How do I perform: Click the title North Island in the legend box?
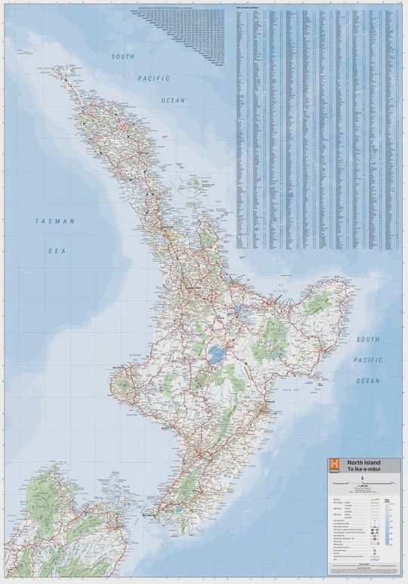[x=363, y=462]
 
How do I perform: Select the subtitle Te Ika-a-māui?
[x=363, y=469]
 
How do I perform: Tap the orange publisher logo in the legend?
[x=332, y=465]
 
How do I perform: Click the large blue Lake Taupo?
[x=218, y=353]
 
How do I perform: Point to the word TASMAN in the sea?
[x=54, y=221]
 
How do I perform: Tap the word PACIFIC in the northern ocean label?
[x=153, y=78]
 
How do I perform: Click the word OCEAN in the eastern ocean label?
[x=368, y=381]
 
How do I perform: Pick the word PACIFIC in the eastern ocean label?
[x=368, y=360]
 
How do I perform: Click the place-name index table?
[x=317, y=128]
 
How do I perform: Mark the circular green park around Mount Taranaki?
[x=122, y=385]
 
